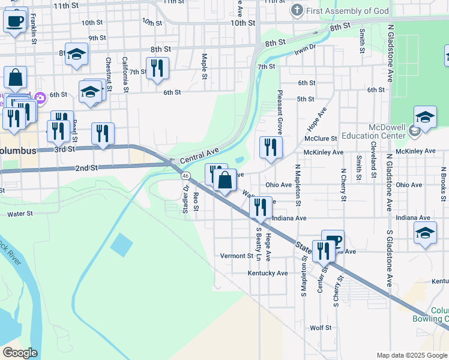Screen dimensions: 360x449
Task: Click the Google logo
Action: [20, 353]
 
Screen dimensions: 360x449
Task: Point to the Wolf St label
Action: [321, 328]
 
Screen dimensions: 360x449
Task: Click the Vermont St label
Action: [237, 256]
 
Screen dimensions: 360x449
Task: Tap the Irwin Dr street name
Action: [305, 48]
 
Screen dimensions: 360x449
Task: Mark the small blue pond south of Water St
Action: [121, 244]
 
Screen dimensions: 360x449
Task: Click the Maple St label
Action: [205, 67]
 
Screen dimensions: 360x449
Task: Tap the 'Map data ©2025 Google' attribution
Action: [411, 355]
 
